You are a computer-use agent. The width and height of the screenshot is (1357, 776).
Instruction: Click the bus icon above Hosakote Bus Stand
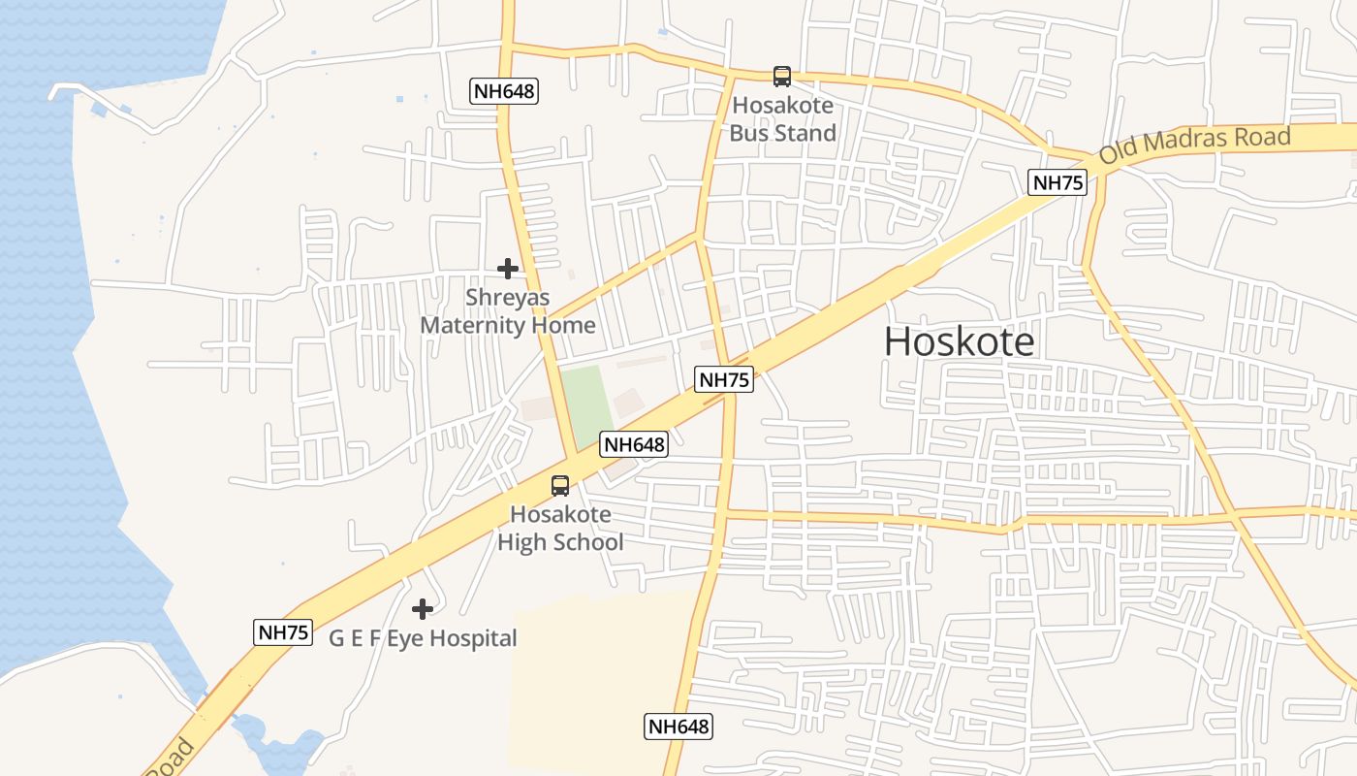click(781, 76)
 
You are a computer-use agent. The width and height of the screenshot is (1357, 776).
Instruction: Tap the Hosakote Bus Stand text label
click(782, 119)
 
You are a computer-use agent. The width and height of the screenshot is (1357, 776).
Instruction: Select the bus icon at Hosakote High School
click(560, 486)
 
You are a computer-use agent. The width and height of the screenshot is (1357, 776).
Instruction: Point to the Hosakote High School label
click(560, 529)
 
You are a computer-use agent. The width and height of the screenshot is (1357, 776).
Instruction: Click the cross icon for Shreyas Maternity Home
click(508, 269)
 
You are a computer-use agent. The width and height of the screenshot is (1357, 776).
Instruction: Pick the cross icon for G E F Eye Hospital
click(422, 609)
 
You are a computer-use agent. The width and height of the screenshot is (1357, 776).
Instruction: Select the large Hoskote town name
click(959, 341)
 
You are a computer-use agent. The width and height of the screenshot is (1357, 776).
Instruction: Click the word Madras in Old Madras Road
click(1189, 143)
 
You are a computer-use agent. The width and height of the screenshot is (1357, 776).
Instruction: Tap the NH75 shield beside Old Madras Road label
click(1057, 182)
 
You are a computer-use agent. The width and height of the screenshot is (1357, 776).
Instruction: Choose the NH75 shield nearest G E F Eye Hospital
click(283, 632)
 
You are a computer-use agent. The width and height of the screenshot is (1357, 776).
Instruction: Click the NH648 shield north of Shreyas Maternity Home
click(504, 91)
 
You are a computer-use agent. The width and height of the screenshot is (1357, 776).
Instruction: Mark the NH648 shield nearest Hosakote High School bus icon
click(634, 444)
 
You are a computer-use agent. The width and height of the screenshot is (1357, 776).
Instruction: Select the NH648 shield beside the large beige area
click(678, 726)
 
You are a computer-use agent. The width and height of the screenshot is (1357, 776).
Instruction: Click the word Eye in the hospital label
click(405, 638)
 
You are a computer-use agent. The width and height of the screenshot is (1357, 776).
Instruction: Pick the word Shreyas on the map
click(507, 297)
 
